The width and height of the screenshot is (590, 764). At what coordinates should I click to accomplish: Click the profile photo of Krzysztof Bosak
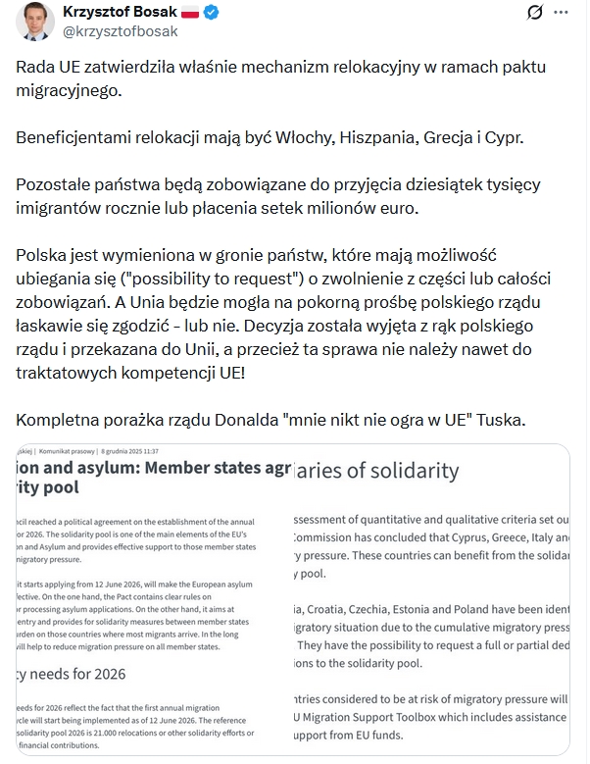[29, 21]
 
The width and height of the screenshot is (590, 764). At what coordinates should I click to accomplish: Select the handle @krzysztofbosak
[121, 31]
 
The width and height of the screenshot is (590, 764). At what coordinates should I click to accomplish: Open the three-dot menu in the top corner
[560, 13]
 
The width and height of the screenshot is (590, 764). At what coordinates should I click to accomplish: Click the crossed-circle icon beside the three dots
[535, 13]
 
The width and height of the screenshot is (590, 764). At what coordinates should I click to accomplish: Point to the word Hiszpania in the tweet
[374, 137]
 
